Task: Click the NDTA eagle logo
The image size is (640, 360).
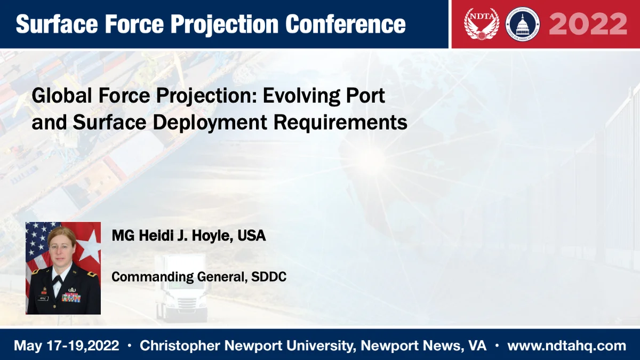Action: [x=482, y=24]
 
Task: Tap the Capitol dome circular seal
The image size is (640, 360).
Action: [x=523, y=24]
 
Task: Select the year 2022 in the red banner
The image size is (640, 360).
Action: [x=588, y=24]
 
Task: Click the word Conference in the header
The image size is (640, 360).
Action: [x=346, y=24]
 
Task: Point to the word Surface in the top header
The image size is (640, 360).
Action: [x=57, y=24]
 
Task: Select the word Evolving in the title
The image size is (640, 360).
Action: [x=301, y=96]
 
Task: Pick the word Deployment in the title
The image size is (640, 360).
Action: [x=210, y=123]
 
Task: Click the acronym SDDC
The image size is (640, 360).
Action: [x=269, y=277]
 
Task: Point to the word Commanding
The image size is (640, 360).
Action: [x=153, y=277]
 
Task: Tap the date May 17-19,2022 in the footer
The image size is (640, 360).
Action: [x=66, y=346]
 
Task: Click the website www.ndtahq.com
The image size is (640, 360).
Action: [x=567, y=346]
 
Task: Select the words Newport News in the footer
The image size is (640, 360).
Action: [x=412, y=346]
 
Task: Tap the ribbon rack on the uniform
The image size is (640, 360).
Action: [x=71, y=298]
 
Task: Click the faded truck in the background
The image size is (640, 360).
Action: [x=181, y=288]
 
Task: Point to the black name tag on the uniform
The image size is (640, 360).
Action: [x=43, y=299]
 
